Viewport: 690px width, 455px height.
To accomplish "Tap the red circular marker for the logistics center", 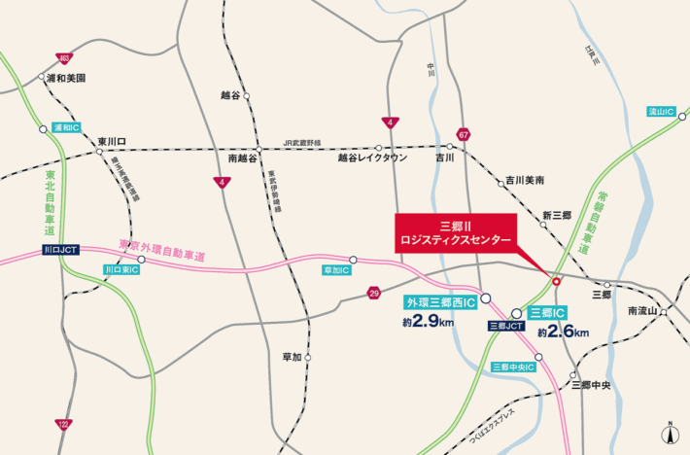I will (556, 282).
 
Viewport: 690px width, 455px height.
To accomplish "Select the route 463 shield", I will (63, 58).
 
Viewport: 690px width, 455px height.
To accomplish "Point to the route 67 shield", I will (464, 134).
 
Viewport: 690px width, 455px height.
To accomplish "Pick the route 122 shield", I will (63, 424).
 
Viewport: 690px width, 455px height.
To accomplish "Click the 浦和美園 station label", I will (68, 77).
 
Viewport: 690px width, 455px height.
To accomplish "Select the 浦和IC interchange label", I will (67, 127).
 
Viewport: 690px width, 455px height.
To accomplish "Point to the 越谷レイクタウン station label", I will (373, 157).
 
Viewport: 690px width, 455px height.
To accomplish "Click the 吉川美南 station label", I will (525, 181).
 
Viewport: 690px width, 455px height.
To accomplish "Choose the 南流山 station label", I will (642, 311).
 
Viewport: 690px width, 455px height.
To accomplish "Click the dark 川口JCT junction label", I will (61, 250).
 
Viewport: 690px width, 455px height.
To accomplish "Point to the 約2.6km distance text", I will (564, 332).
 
